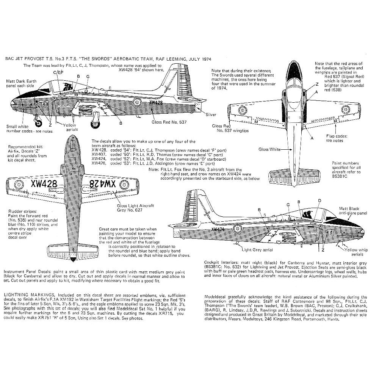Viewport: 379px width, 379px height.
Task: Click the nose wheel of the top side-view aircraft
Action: point(39,122)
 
